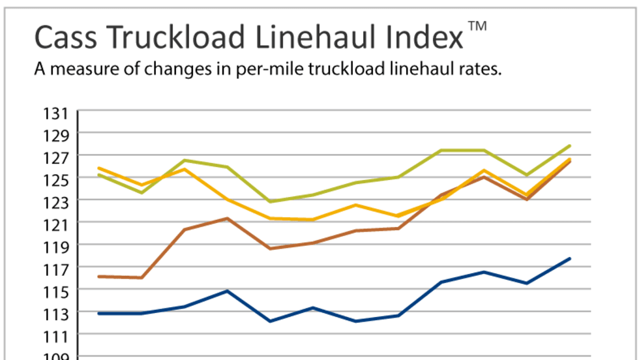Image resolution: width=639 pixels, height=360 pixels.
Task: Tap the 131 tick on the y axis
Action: tap(56, 114)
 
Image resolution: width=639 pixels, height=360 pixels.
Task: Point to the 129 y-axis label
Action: tap(56, 136)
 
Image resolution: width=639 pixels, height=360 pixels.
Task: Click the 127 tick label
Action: tap(56, 158)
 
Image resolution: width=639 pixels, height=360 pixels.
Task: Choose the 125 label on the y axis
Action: tap(56, 180)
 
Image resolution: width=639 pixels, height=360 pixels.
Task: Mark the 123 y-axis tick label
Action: tap(56, 202)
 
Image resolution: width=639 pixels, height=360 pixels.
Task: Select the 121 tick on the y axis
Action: tap(56, 225)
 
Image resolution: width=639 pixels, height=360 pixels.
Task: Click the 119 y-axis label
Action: tap(56, 247)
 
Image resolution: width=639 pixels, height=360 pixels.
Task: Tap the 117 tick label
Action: tap(56, 269)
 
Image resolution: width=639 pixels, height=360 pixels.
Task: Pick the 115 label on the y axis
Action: tap(56, 292)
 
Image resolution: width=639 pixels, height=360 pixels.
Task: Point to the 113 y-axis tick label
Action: tap(56, 314)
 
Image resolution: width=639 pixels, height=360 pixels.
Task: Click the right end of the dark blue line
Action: tap(570, 259)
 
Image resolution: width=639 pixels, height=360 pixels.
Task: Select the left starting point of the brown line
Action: tap(98, 277)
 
